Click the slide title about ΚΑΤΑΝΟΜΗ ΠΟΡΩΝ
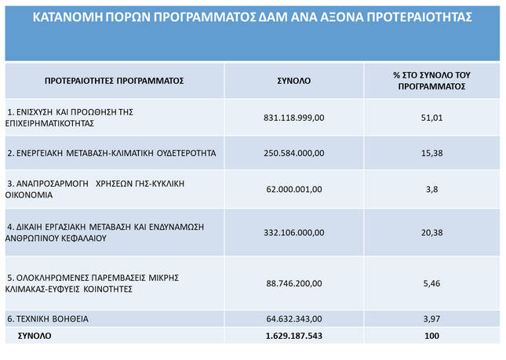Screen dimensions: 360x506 coord(253,16)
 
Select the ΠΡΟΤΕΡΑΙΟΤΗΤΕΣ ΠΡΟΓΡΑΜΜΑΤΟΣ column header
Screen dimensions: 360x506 coord(114,81)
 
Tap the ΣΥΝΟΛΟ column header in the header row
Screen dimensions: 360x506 coord(294,81)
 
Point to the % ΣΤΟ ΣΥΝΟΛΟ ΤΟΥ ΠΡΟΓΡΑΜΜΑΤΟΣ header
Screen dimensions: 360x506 coord(431,81)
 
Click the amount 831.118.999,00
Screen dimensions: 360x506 coord(294,118)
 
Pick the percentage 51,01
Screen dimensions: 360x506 coord(431,118)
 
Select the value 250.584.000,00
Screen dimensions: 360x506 coord(294,153)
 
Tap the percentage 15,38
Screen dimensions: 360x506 coord(431,153)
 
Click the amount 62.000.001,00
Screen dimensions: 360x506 coord(294,189)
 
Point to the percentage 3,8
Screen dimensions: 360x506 coord(431,189)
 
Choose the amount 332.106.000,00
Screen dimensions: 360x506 coord(294,232)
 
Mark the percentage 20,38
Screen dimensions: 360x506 coord(431,232)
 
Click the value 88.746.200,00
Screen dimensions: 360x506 coord(294,283)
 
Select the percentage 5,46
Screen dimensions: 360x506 coord(431,283)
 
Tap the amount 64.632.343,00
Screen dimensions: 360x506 coord(294,319)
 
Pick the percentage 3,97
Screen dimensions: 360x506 coord(431,319)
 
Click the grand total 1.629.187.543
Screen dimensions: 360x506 coord(294,336)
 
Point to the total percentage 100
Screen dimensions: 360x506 coord(431,336)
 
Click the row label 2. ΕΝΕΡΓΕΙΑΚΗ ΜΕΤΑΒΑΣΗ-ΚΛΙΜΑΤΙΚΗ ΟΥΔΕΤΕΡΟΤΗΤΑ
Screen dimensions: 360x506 coord(111,153)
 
